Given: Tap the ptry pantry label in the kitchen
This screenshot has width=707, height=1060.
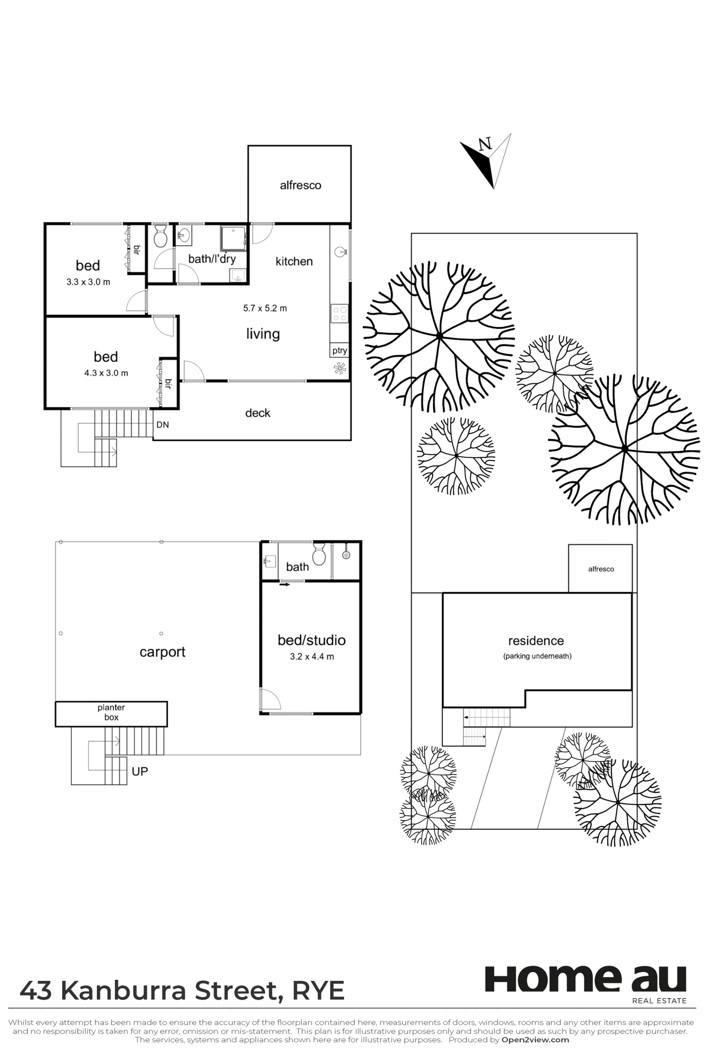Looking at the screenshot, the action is (340, 350).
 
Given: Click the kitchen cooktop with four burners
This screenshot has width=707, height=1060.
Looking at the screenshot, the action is (340, 313).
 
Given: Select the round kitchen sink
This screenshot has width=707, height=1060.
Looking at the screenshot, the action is (340, 251).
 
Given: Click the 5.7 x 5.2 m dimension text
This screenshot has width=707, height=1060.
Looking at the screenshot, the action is (265, 308).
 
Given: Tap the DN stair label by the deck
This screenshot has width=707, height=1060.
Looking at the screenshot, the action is (162, 424).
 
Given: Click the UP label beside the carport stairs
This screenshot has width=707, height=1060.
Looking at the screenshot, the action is (140, 771).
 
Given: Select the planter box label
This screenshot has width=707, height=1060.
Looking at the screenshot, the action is (111, 712).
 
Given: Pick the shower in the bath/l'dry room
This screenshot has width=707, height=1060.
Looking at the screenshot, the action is (233, 239).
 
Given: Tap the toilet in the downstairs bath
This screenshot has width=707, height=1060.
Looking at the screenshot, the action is (319, 554).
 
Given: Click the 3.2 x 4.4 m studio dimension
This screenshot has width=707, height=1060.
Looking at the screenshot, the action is (312, 657).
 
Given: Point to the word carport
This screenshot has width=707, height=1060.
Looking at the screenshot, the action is (162, 652).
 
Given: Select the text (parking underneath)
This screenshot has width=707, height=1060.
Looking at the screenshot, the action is (537, 656).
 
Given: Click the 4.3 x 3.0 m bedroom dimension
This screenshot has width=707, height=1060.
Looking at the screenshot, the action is (106, 373).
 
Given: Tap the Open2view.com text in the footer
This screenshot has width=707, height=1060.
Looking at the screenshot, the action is (535, 1040).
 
